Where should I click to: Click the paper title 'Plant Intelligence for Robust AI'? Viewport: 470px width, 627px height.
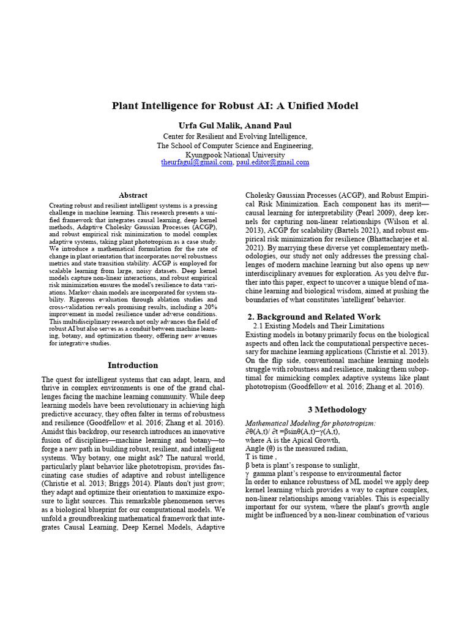click(x=234, y=106)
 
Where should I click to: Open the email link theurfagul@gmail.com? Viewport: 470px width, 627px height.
click(x=196, y=163)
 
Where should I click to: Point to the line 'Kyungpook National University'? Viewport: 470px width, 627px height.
click(x=235, y=155)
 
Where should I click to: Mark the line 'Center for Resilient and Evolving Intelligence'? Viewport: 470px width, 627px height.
click(x=235, y=136)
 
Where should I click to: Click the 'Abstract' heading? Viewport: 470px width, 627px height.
click(x=133, y=195)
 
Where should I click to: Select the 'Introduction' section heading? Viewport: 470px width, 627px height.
click(x=133, y=366)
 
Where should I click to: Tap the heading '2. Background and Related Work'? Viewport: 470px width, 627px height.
click(x=313, y=317)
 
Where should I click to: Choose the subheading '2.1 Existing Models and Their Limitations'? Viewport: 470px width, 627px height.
click(x=318, y=326)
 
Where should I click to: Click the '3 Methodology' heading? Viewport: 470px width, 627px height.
click(x=337, y=410)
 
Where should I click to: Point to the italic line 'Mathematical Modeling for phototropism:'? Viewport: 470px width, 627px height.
click(x=310, y=423)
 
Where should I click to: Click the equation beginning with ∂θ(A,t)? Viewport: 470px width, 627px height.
click(x=293, y=432)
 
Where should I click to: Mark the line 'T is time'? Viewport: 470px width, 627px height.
click(x=261, y=457)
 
